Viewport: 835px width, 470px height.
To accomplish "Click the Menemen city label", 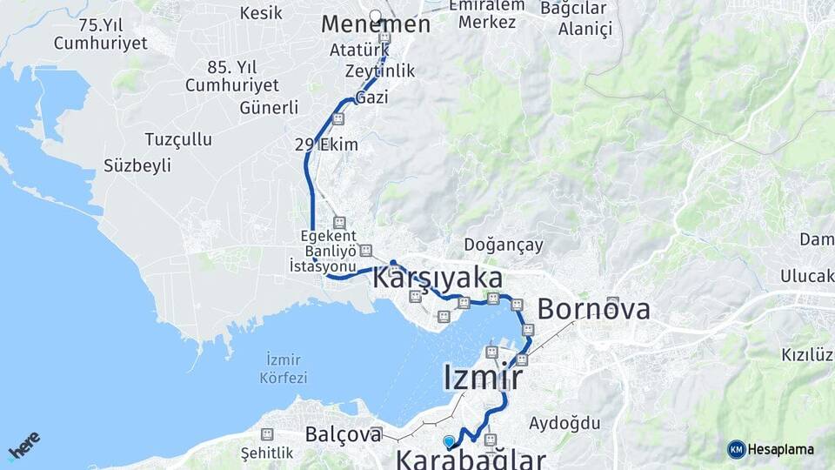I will (x=376, y=25).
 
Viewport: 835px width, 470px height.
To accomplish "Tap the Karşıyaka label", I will (x=438, y=279).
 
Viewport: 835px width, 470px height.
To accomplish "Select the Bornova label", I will (x=593, y=309).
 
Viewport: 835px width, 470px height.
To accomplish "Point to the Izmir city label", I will (x=483, y=379).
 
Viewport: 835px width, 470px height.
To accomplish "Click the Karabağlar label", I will (x=471, y=459).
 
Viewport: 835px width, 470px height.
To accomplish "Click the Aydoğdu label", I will (x=565, y=423).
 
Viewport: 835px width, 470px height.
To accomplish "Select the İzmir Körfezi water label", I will (x=284, y=369).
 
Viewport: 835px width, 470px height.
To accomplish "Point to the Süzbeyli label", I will (x=137, y=165).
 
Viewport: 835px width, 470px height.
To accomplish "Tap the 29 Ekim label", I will (x=326, y=144).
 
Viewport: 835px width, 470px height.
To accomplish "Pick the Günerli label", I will (x=269, y=108).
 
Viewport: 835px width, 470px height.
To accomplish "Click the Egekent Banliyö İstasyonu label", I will (x=324, y=251).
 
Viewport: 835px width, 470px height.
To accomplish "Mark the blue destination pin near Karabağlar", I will (x=449, y=442).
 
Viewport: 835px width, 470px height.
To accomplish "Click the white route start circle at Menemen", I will (x=376, y=15).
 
